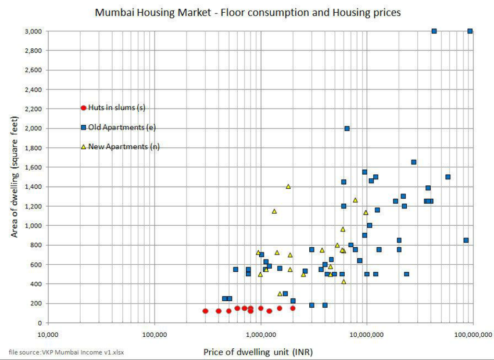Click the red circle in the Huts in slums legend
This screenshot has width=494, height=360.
click(x=83, y=107)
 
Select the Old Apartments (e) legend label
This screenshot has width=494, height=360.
click(x=122, y=127)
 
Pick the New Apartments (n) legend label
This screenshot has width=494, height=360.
click(x=124, y=147)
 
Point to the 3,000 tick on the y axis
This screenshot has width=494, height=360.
click(x=33, y=31)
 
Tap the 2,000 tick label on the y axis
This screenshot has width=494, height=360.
click(x=33, y=128)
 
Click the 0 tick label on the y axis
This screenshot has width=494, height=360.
click(x=39, y=323)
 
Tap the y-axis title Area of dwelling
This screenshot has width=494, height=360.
click(x=15, y=177)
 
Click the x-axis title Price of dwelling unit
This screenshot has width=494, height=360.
click(x=258, y=351)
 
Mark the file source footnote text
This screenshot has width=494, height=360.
click(x=66, y=351)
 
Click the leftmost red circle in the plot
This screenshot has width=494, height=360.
click(x=205, y=311)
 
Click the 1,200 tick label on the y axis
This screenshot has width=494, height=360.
click(x=33, y=206)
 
